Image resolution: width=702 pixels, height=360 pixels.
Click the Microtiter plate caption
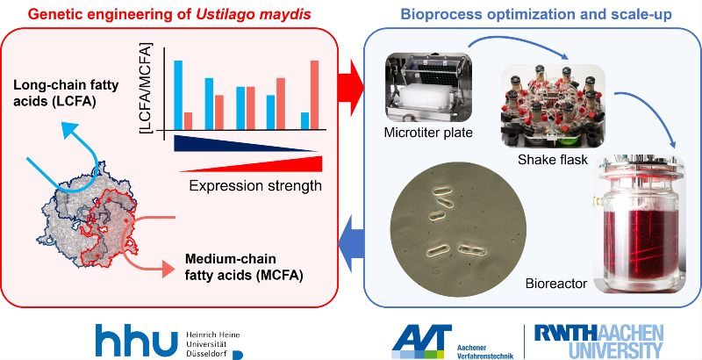[428, 133]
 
